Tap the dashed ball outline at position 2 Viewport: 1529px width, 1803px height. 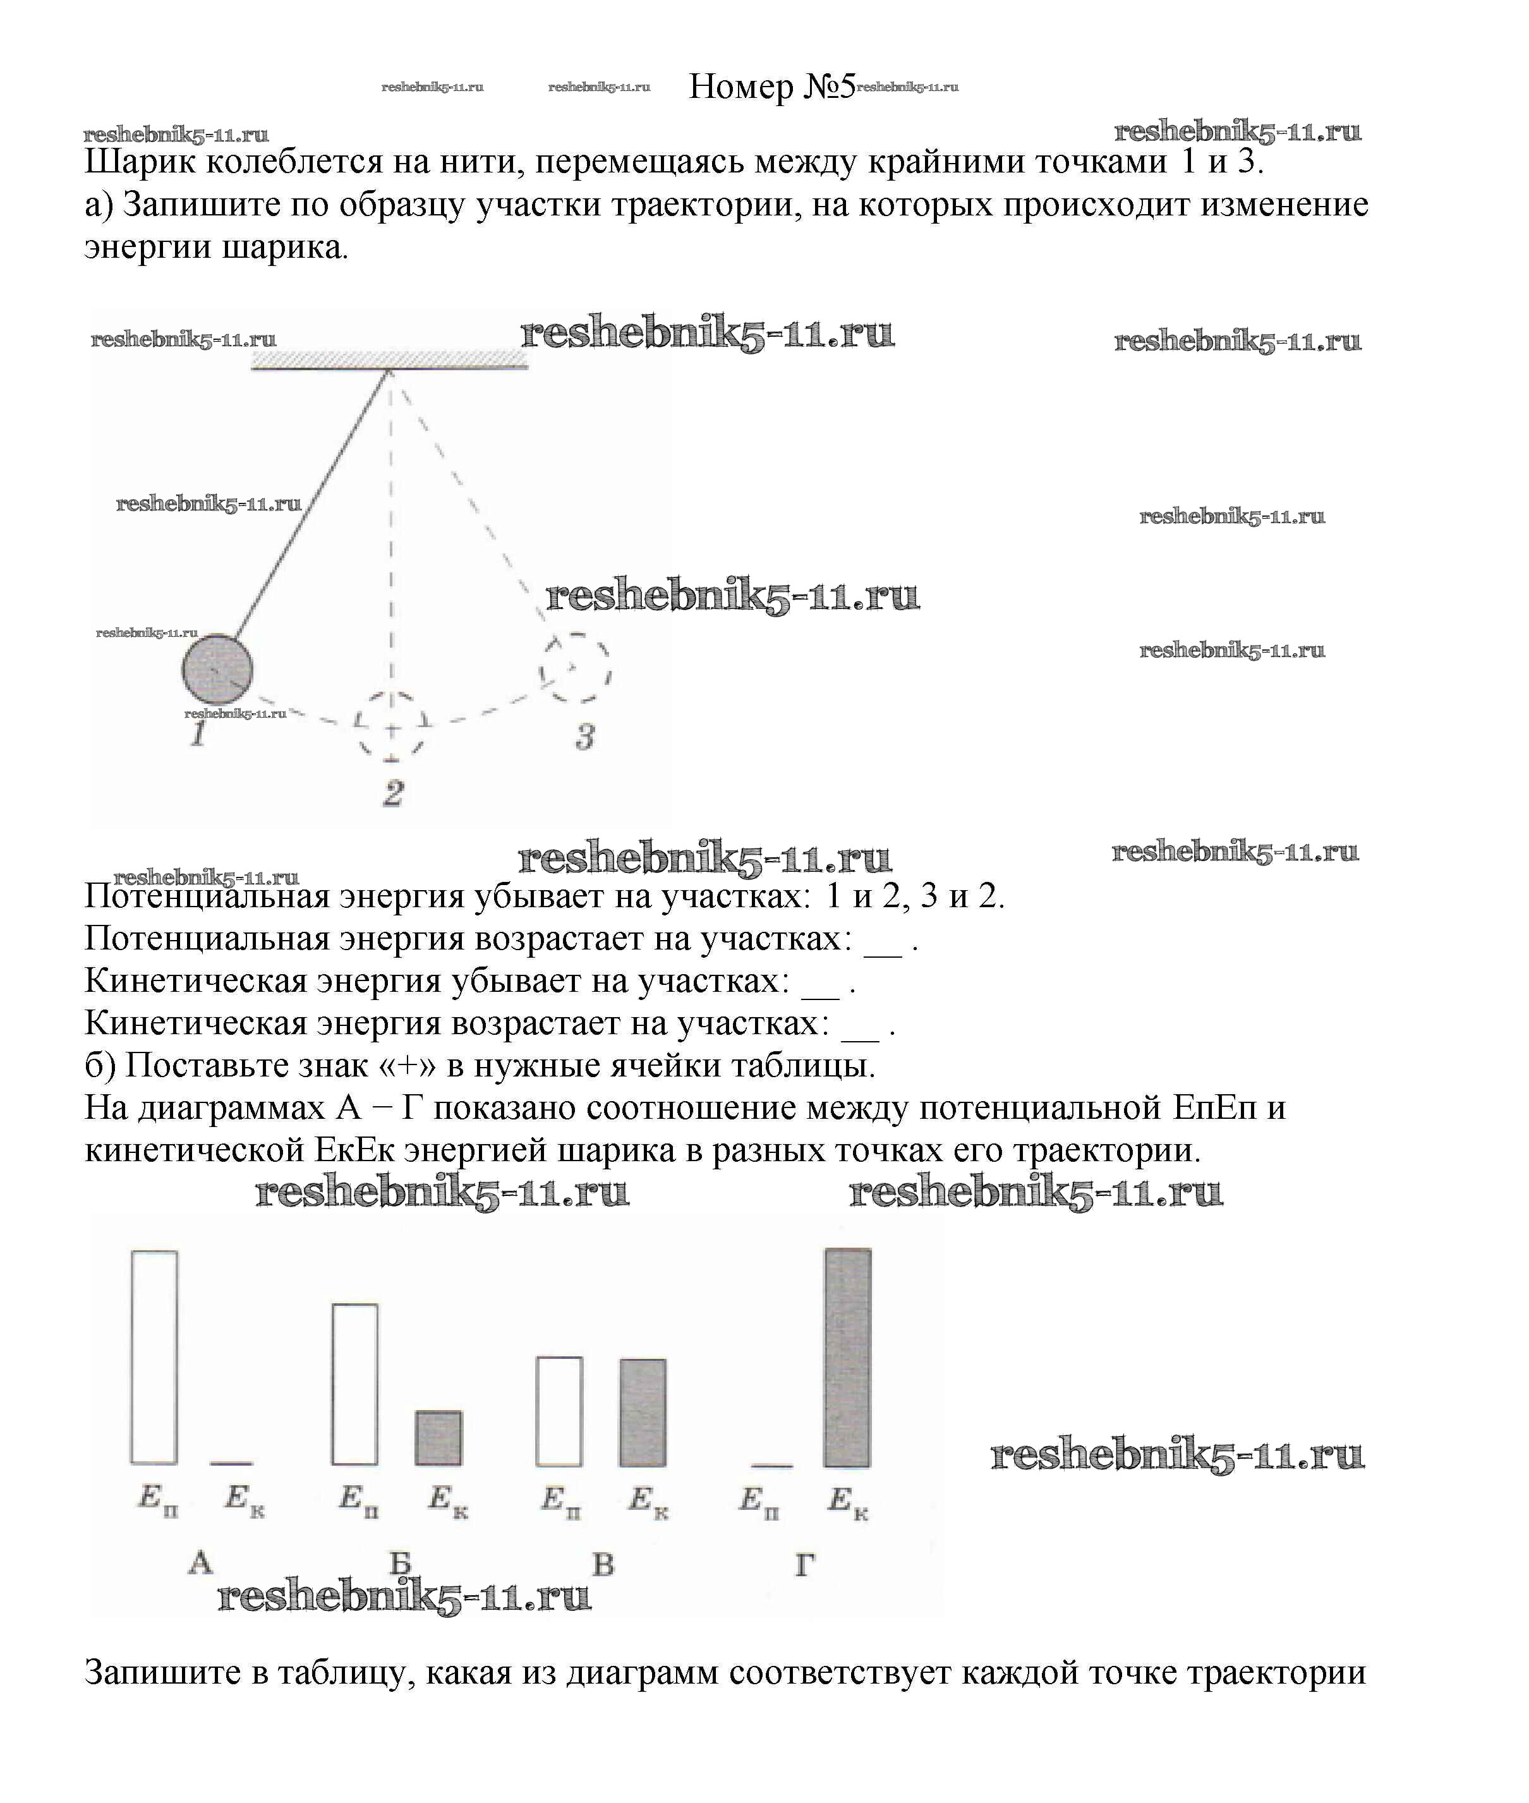tap(392, 727)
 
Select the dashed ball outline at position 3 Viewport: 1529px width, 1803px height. tap(574, 668)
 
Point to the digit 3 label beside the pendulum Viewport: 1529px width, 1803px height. tap(585, 737)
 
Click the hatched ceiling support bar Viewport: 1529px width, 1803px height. tap(389, 361)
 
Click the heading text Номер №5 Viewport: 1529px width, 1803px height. tap(771, 86)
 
